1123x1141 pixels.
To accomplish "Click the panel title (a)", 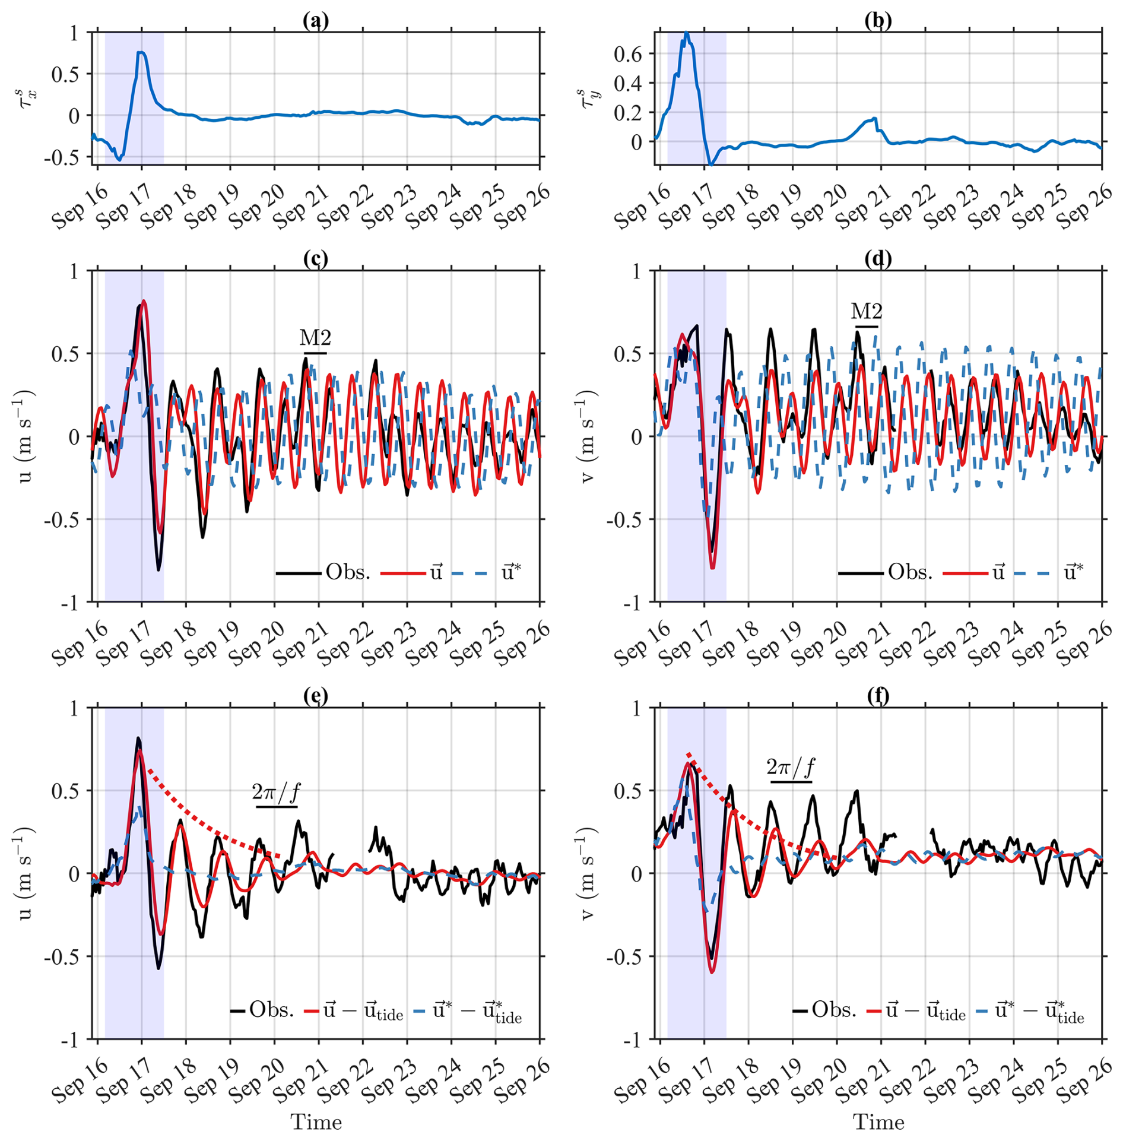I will pyautogui.click(x=315, y=21).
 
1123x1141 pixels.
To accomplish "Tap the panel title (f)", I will pyautogui.click(x=878, y=696).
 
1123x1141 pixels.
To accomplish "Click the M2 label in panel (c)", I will pyautogui.click(x=315, y=338).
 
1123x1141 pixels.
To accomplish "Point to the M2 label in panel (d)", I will pyautogui.click(x=866, y=311).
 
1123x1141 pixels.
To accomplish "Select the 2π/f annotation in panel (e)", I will pyautogui.click(x=276, y=791).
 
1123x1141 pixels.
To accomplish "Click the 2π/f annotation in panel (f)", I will pyautogui.click(x=791, y=767).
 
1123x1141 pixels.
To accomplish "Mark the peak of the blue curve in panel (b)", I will pyautogui.click(x=686, y=33).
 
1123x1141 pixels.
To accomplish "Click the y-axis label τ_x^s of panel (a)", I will pyautogui.click(x=28, y=99).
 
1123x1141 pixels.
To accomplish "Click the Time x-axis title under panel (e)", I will pyautogui.click(x=316, y=1122).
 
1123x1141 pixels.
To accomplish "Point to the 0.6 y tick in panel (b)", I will pyautogui.click(x=627, y=54).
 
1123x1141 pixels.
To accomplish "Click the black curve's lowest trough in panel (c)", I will pyautogui.click(x=158, y=570).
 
